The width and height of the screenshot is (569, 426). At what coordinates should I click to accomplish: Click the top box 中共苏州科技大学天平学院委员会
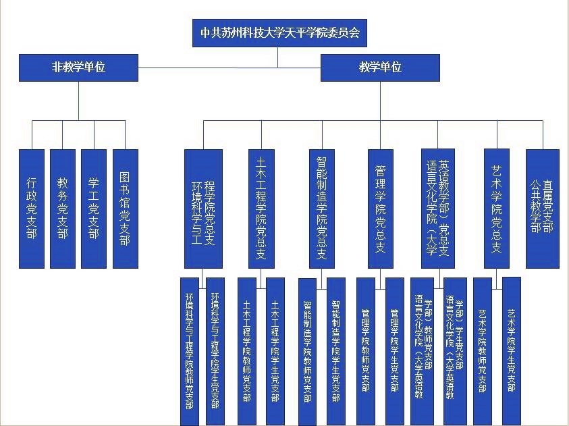[279, 32]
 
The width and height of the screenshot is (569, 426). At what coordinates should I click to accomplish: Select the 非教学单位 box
[78, 68]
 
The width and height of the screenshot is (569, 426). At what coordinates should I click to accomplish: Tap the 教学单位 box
[380, 68]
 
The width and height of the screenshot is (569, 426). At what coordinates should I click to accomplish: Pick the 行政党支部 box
[32, 208]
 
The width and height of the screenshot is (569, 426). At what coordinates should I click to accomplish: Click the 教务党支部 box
[63, 208]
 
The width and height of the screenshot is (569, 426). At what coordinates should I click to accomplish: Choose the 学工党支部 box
[94, 208]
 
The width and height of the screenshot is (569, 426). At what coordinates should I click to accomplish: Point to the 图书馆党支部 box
[125, 208]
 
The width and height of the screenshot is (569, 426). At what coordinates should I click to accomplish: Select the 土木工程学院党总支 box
[261, 208]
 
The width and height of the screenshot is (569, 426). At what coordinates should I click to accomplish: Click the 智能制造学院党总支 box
[322, 208]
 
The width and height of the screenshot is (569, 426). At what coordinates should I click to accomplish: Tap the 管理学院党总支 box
[380, 208]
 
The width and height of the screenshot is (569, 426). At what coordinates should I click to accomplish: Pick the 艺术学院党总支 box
[496, 208]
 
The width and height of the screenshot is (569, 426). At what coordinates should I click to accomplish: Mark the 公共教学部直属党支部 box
[542, 208]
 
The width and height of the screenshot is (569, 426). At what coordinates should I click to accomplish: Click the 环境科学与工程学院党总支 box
[203, 208]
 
